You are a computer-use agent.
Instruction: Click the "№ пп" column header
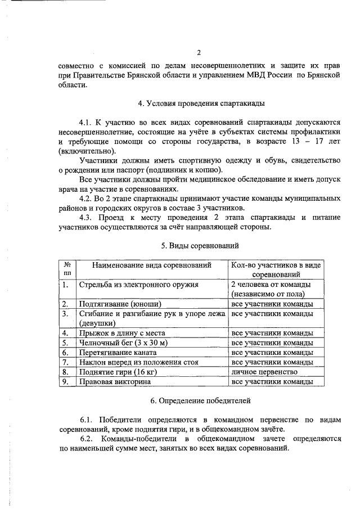[66, 269]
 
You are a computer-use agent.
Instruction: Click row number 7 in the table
[66, 362]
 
